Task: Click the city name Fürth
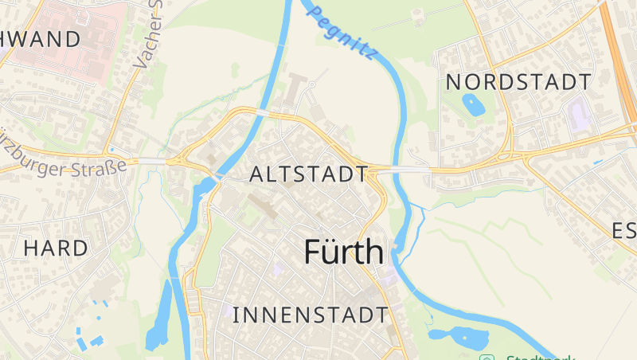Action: [x=343, y=252]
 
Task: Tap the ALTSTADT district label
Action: [x=309, y=174]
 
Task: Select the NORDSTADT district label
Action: [x=518, y=81]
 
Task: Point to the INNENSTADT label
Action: [x=310, y=315]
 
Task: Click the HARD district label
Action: [x=56, y=248]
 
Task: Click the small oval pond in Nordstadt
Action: [x=472, y=104]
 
